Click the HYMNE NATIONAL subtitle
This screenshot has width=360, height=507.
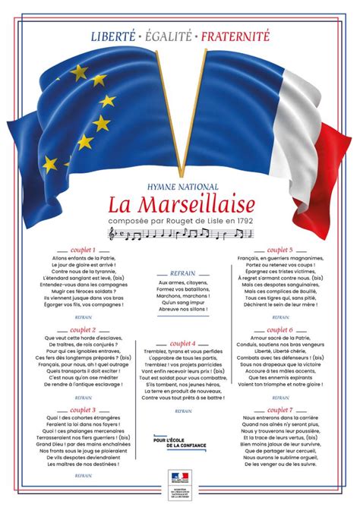click(181, 185)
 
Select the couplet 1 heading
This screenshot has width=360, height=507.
click(82, 250)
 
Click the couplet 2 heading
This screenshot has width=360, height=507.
click(82, 330)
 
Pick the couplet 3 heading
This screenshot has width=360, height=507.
click(82, 410)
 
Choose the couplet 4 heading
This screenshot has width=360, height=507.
click(181, 344)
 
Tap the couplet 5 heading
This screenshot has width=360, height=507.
click(279, 250)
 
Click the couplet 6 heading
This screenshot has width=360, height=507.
click(279, 330)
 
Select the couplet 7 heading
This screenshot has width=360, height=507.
click(279, 410)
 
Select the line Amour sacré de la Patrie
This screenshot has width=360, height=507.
click(279, 339)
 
